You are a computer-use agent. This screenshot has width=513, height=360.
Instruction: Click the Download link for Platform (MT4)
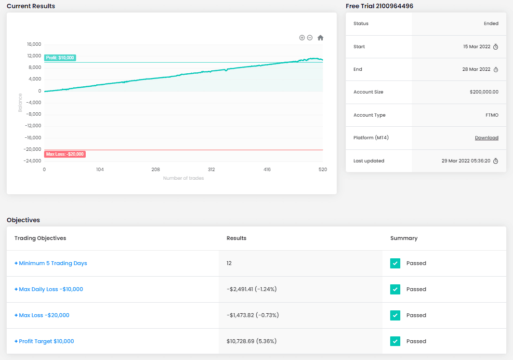(487, 138)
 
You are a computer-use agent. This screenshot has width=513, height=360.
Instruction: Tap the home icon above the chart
(320, 38)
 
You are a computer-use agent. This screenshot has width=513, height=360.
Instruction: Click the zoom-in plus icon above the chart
(302, 38)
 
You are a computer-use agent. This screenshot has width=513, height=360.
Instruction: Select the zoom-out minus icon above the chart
(310, 38)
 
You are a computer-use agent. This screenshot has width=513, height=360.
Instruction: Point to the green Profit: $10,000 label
(60, 58)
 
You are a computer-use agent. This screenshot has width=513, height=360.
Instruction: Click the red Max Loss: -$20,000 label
(65, 154)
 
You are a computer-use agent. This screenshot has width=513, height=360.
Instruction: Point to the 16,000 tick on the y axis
(34, 44)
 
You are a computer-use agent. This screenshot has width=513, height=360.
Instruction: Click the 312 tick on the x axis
(211, 170)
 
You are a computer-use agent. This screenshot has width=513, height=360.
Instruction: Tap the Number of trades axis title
(184, 178)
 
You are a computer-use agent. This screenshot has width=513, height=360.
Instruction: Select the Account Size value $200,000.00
(484, 92)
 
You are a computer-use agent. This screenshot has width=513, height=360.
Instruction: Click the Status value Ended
(491, 24)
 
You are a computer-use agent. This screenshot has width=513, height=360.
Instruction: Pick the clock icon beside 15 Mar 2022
(496, 47)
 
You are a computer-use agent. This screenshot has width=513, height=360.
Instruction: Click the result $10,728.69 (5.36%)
(251, 341)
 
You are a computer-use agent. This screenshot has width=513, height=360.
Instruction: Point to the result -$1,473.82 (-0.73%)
(252, 315)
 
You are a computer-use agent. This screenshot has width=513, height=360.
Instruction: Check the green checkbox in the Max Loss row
(395, 315)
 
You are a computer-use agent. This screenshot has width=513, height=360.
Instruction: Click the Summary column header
(404, 238)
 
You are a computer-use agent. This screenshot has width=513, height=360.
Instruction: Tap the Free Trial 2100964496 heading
(380, 6)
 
